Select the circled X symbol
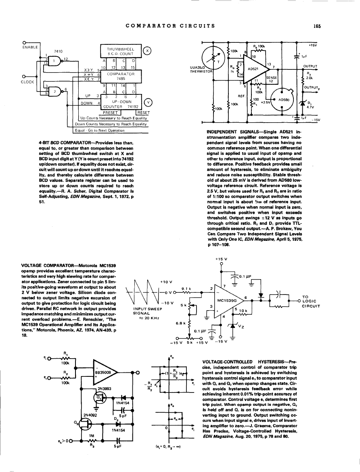tap(148, 50)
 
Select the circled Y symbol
tap(148, 102)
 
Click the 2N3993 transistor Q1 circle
tap(98, 397)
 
